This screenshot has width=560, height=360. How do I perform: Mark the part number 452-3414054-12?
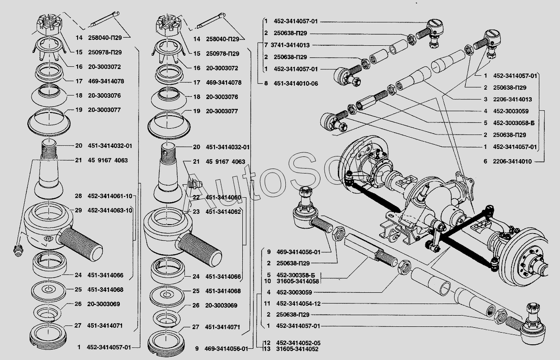(299, 304)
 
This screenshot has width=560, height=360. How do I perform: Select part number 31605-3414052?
(297, 349)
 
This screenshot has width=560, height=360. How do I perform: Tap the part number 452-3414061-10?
(109, 196)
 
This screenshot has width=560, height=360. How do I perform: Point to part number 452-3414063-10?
(109, 210)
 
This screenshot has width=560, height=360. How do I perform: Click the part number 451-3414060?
(223, 198)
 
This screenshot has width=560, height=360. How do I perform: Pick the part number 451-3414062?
(223, 212)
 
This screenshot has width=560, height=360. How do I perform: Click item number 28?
(79, 196)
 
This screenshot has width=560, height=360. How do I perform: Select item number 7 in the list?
(266, 45)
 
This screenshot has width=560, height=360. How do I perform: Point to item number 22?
(196, 198)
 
